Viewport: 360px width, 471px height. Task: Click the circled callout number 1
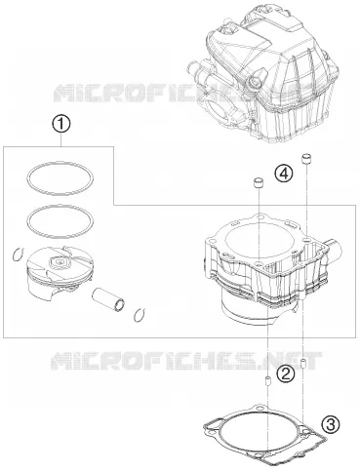pos(61,125)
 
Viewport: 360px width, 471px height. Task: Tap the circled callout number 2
pos(285,373)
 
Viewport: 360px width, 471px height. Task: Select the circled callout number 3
pos(331,424)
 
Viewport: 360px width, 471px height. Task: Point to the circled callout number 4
pos(283,173)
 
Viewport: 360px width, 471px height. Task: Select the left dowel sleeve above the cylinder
pos(258,182)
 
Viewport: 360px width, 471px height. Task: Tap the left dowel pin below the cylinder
pos(268,381)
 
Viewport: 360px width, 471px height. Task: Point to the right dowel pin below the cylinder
pos(302,364)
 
